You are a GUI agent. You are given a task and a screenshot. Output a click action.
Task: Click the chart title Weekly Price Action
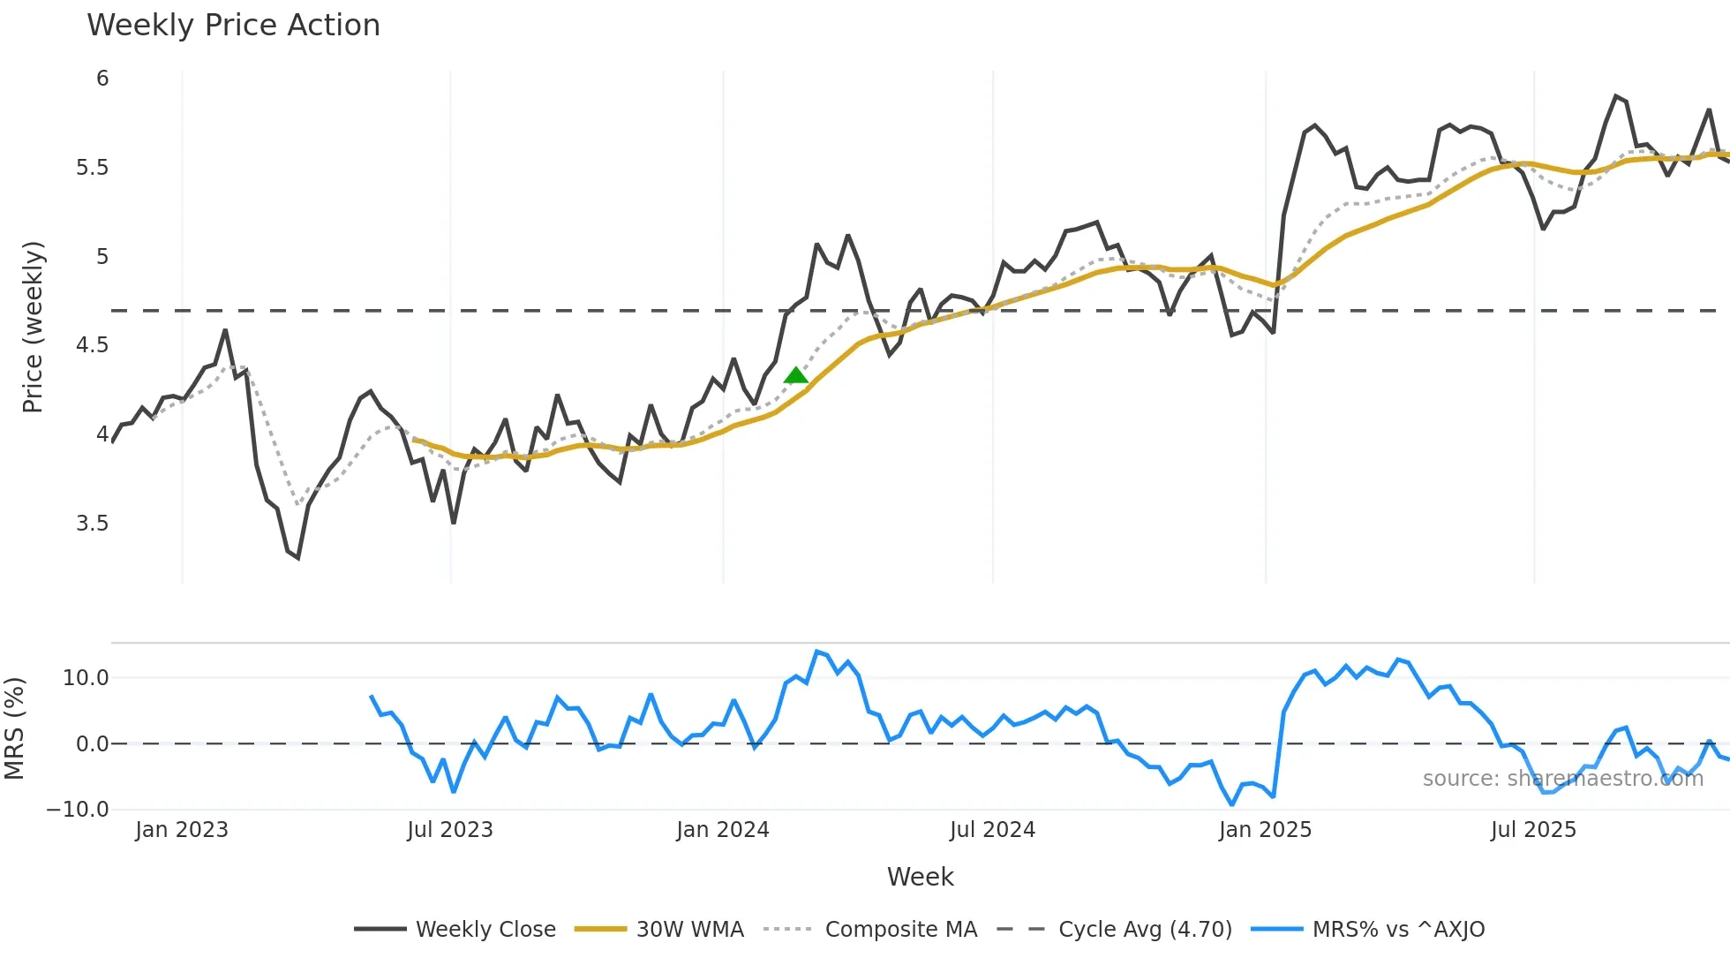[233, 26]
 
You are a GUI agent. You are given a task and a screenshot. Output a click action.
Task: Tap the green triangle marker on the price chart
[795, 376]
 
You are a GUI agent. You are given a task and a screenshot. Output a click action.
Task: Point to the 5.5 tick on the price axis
[92, 168]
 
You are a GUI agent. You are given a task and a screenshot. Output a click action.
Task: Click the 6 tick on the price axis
[102, 79]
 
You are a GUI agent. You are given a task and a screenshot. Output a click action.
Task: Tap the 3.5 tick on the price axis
[92, 524]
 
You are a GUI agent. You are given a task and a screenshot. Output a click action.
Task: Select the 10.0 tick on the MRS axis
[86, 678]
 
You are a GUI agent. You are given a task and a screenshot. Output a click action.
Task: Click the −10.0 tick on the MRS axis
[79, 810]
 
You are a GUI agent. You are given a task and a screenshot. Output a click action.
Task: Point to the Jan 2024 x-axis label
[723, 830]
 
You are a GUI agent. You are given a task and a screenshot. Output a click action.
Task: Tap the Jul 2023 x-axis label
[450, 830]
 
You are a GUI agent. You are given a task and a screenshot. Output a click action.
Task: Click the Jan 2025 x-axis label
[1265, 830]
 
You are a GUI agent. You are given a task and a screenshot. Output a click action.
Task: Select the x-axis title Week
[920, 877]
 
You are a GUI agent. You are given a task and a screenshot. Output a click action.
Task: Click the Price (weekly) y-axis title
[33, 327]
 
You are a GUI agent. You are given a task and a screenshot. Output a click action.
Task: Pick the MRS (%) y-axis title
[14, 728]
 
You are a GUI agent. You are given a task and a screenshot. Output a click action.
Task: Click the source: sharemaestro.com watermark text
[1562, 779]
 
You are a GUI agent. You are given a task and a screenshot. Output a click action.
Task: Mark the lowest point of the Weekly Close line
[298, 558]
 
